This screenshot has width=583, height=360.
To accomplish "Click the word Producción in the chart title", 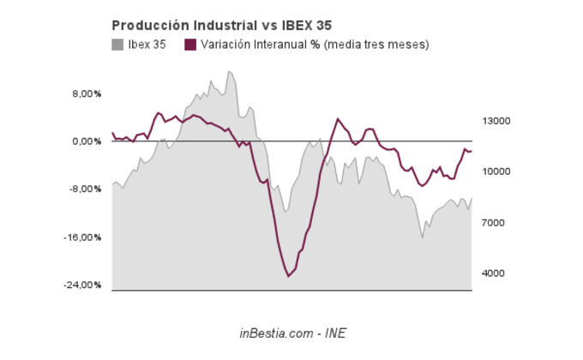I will point(145,25).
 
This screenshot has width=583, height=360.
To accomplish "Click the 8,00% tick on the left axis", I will point(86,93).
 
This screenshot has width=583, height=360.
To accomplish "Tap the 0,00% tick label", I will point(86,141).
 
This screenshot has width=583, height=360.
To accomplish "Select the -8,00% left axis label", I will point(85,189).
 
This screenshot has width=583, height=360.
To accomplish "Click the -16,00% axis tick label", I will point(83,237).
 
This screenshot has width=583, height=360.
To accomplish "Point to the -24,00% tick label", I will point(83,285).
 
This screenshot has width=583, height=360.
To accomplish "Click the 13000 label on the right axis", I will point(496,121).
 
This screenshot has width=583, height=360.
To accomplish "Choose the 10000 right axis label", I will point(496,171).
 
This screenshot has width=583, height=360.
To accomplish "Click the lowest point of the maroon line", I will point(289,276).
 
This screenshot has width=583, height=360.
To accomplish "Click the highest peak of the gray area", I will point(229,71).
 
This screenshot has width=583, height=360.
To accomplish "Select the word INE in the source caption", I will point(335,333).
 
